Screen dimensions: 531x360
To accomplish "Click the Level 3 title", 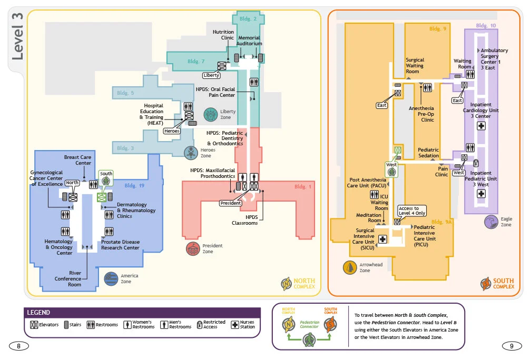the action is pos(17,36).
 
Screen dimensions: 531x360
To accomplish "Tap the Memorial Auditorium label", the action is pos(249,41).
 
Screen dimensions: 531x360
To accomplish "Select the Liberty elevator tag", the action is pos(211,75).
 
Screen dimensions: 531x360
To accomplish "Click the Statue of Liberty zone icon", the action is pos(211,114).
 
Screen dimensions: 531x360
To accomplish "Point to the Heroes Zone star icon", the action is pos(191,153).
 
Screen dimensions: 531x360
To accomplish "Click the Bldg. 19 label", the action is pos(134,185).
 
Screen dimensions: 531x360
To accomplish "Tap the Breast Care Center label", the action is pos(78,160).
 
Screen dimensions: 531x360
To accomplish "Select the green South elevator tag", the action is pos(106,174).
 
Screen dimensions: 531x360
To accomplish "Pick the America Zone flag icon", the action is pos(111,279).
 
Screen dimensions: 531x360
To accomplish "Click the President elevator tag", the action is pos(231,203).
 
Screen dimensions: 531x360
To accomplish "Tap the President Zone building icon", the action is pos(193,249).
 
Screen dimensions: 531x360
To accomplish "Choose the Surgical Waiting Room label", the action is pos(415,66).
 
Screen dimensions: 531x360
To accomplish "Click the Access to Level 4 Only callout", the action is pos(412,211).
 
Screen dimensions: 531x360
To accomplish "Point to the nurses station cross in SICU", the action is pos(382,239).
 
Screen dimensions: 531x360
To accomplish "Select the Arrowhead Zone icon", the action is pos(350,267).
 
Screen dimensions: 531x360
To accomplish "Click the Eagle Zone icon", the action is pos(491,222).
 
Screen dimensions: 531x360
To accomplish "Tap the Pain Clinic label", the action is pos(441,172).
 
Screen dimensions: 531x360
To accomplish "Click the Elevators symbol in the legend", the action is pos(34,325).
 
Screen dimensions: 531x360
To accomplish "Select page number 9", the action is pos(512,346).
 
